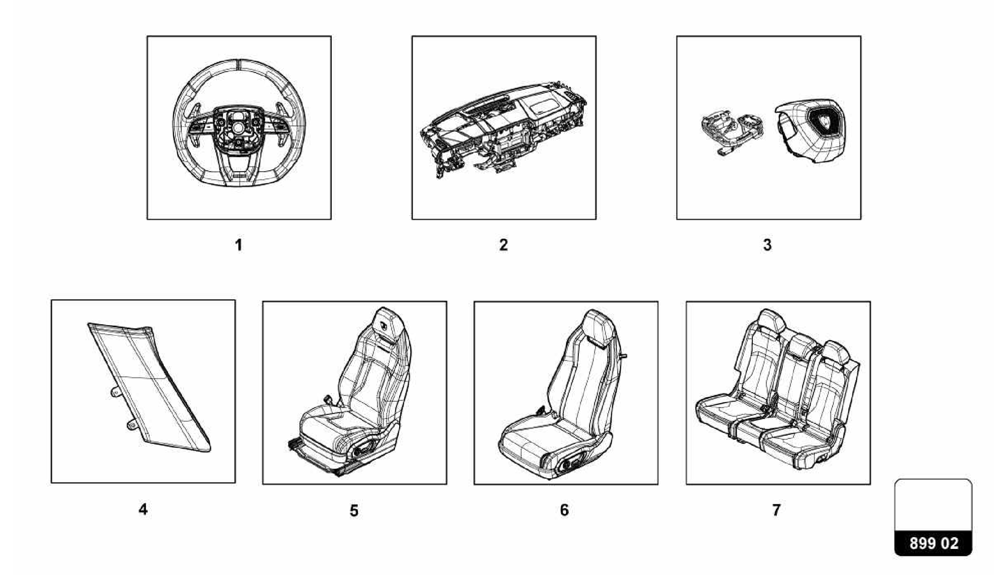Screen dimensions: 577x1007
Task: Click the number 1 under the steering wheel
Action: [239, 245]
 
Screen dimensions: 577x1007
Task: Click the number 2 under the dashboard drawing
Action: [503, 245]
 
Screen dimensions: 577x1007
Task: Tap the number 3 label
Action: [768, 245]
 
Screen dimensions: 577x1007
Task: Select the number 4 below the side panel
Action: [143, 509]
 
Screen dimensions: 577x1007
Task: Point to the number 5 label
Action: [354, 511]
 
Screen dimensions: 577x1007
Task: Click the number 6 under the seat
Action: [564, 510]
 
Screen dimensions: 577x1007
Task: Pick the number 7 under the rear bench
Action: [776, 510]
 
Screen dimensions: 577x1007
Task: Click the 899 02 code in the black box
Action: [933, 544]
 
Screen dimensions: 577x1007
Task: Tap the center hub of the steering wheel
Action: [238, 127]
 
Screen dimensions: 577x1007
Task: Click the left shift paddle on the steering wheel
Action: [199, 108]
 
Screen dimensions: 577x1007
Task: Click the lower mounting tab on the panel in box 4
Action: [131, 424]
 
